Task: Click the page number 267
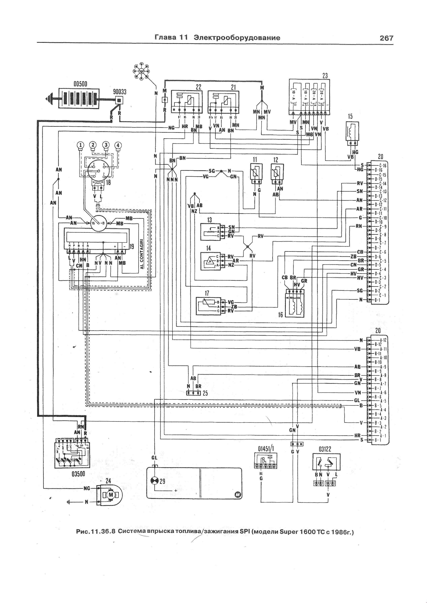(386, 38)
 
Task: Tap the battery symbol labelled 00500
(79, 99)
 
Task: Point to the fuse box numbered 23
(309, 97)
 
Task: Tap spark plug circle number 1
(81, 145)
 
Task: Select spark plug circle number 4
(119, 145)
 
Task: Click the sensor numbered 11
(256, 173)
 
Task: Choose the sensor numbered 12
(277, 173)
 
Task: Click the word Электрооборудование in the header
(237, 38)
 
